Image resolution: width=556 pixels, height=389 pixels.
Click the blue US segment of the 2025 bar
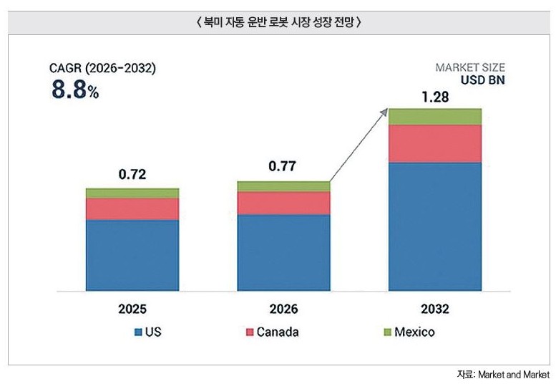tap(132, 255)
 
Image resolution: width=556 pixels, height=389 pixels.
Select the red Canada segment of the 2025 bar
tap(132, 209)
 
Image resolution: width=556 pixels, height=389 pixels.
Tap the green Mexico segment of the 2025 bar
tap(132, 193)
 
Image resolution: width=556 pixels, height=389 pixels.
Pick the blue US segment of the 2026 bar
tap(283, 252)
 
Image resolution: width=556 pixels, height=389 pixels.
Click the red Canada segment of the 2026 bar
tap(283, 203)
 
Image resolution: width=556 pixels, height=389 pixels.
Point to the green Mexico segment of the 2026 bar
tap(283, 186)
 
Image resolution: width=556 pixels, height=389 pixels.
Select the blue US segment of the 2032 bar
tap(435, 226)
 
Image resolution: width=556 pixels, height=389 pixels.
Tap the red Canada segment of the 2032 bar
tap(435, 144)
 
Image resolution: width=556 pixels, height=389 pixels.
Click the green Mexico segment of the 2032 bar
tap(435, 117)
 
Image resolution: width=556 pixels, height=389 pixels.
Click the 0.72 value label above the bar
tap(132, 174)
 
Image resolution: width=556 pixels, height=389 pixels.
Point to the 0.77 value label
tap(282, 166)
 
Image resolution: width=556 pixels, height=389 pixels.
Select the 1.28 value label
tap(435, 97)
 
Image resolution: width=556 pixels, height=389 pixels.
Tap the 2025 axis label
tap(132, 309)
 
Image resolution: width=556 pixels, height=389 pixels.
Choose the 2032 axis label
tap(435, 309)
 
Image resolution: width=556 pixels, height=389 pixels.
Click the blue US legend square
tap(138, 332)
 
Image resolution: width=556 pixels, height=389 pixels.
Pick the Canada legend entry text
tap(278, 332)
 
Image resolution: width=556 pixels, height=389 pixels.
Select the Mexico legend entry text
tap(414, 332)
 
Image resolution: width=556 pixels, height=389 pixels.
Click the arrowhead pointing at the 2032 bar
tap(384, 112)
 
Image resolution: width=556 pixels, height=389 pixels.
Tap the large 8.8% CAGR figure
tap(75, 89)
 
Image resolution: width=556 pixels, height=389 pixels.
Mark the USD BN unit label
tap(482, 80)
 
